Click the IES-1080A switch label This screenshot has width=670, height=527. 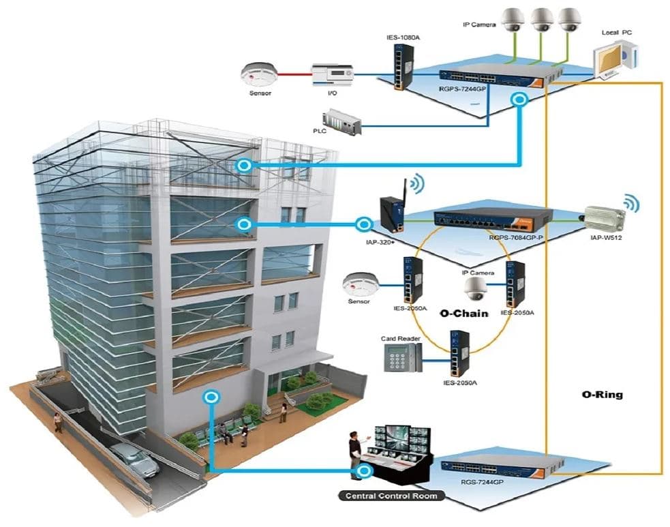(x=403, y=37)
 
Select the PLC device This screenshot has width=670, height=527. (x=341, y=123)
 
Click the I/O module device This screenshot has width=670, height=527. (x=332, y=75)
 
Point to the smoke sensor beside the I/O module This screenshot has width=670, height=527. (x=259, y=74)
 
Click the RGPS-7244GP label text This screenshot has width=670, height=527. (x=462, y=89)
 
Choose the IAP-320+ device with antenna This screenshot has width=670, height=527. (x=393, y=207)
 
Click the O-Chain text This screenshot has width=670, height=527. (x=463, y=314)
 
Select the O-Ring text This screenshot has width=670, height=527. (x=602, y=394)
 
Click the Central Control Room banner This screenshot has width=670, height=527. (x=391, y=496)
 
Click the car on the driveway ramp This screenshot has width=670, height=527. (x=134, y=459)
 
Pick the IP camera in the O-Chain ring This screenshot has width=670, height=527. (x=475, y=289)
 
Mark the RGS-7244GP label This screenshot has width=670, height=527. (x=482, y=482)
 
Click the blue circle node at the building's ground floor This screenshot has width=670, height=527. (x=211, y=397)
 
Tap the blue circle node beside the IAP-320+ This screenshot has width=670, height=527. (x=364, y=224)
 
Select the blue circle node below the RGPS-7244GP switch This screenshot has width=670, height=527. (x=520, y=100)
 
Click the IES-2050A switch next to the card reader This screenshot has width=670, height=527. (x=459, y=354)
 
